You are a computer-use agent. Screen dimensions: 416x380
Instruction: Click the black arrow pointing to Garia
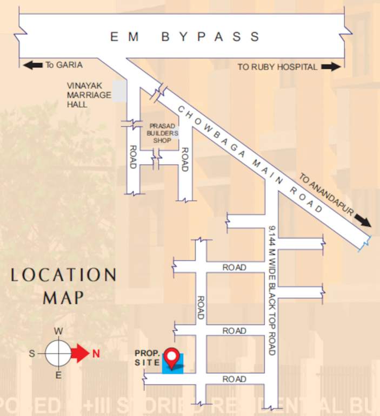click(33, 65)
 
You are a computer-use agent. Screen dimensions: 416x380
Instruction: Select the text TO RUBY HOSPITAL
click(277, 67)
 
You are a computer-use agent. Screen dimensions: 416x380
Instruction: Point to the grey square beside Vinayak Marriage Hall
click(119, 91)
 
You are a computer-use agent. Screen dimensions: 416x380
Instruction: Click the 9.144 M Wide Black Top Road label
click(271, 290)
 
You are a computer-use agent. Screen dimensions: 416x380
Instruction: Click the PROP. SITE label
click(147, 358)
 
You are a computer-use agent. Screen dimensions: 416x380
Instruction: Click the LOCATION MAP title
click(64, 285)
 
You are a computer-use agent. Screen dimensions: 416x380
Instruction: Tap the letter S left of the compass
click(32, 354)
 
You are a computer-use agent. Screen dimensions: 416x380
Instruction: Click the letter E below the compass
click(58, 375)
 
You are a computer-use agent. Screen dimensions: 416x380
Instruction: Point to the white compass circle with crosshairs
click(58, 354)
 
